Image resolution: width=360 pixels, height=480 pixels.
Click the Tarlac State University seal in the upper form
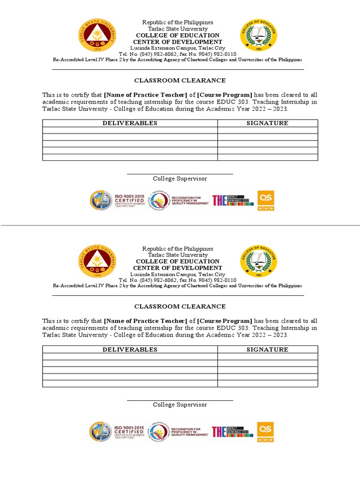pos(97,36)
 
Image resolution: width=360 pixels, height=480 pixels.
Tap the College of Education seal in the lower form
pos(259,262)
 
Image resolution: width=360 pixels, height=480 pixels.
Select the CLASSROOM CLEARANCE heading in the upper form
pos(180,81)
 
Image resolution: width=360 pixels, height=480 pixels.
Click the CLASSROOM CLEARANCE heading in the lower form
pos(180,307)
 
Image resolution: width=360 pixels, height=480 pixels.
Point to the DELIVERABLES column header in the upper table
pos(130,123)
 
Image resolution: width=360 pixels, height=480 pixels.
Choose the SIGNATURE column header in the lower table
pos(267,350)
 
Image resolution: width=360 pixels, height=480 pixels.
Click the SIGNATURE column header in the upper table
pos(267,123)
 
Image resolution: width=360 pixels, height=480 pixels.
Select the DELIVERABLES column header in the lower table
pos(130,350)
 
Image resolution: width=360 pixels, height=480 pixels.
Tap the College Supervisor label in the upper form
pos(180,179)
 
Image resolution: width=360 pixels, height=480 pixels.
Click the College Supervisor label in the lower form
pos(180,405)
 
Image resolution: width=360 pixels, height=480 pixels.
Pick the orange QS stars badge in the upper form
pos(265,201)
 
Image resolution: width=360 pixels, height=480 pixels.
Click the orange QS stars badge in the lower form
pos(265,432)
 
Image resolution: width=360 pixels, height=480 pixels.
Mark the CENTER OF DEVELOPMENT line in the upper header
pos(177,42)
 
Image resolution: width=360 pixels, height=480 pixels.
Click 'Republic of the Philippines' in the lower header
pos(177,248)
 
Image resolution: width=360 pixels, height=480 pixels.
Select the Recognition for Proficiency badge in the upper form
pos(179,200)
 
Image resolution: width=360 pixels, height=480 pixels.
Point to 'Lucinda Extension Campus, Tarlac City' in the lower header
pos(177,274)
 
